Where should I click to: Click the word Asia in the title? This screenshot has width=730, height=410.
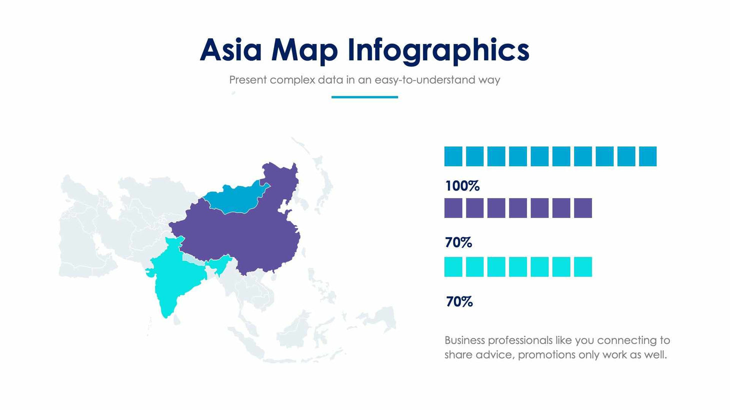(x=230, y=50)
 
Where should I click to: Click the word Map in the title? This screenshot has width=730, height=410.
(x=304, y=51)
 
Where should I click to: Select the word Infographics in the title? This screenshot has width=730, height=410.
(x=438, y=51)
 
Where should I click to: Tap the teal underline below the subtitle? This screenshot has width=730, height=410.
(x=364, y=97)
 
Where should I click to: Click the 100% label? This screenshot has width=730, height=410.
(x=462, y=186)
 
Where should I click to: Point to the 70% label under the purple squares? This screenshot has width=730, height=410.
(x=458, y=243)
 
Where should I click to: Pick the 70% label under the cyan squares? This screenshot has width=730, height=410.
(x=459, y=302)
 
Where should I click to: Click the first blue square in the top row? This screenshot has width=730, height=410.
(x=453, y=156)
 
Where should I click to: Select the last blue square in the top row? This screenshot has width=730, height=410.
(x=647, y=156)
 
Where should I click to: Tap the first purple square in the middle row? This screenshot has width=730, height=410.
(x=453, y=208)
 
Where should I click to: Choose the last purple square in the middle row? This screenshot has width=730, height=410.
(x=583, y=208)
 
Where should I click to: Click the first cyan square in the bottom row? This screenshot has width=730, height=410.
(x=453, y=267)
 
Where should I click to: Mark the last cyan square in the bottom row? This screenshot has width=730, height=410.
(x=583, y=267)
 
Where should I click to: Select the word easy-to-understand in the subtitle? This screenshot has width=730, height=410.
(x=424, y=80)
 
